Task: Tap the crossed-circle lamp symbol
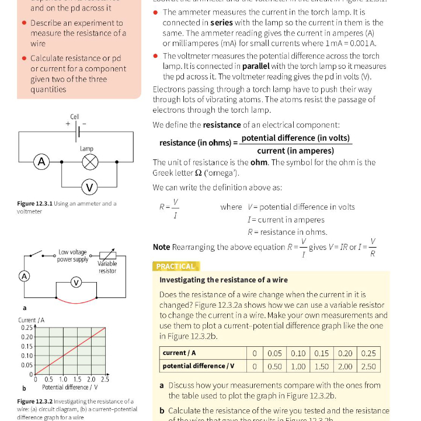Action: click(x=89, y=161)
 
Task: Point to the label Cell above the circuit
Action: click(x=75, y=117)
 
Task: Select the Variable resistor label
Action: click(x=107, y=267)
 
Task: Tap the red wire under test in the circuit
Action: click(x=75, y=300)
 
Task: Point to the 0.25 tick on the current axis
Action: click(x=25, y=328)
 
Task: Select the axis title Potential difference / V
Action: click(x=69, y=387)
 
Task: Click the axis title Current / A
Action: click(x=31, y=320)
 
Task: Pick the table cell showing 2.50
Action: click(x=368, y=366)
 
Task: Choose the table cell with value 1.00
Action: click(x=298, y=366)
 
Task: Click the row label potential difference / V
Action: click(x=199, y=366)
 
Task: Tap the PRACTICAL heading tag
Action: click(x=176, y=266)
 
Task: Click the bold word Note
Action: click(x=161, y=247)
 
